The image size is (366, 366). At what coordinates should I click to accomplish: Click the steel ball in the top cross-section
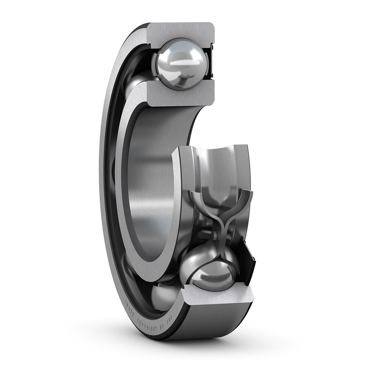(179, 65)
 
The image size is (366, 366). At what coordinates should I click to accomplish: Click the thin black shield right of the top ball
(211, 65)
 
